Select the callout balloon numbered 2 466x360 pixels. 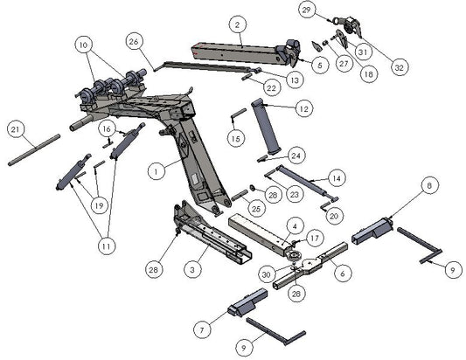tap(237, 24)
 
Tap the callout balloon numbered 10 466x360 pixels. tap(83, 44)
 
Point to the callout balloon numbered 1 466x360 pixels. tap(153, 173)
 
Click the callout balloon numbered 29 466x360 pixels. tap(306, 10)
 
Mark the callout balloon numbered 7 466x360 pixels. tap(203, 329)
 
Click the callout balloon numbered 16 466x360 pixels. tap(107, 128)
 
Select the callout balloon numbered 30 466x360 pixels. tap(266, 273)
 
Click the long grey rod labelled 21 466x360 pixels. tap(35, 150)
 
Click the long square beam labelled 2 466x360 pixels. tap(236, 52)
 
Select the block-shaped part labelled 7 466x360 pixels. tap(247, 304)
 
